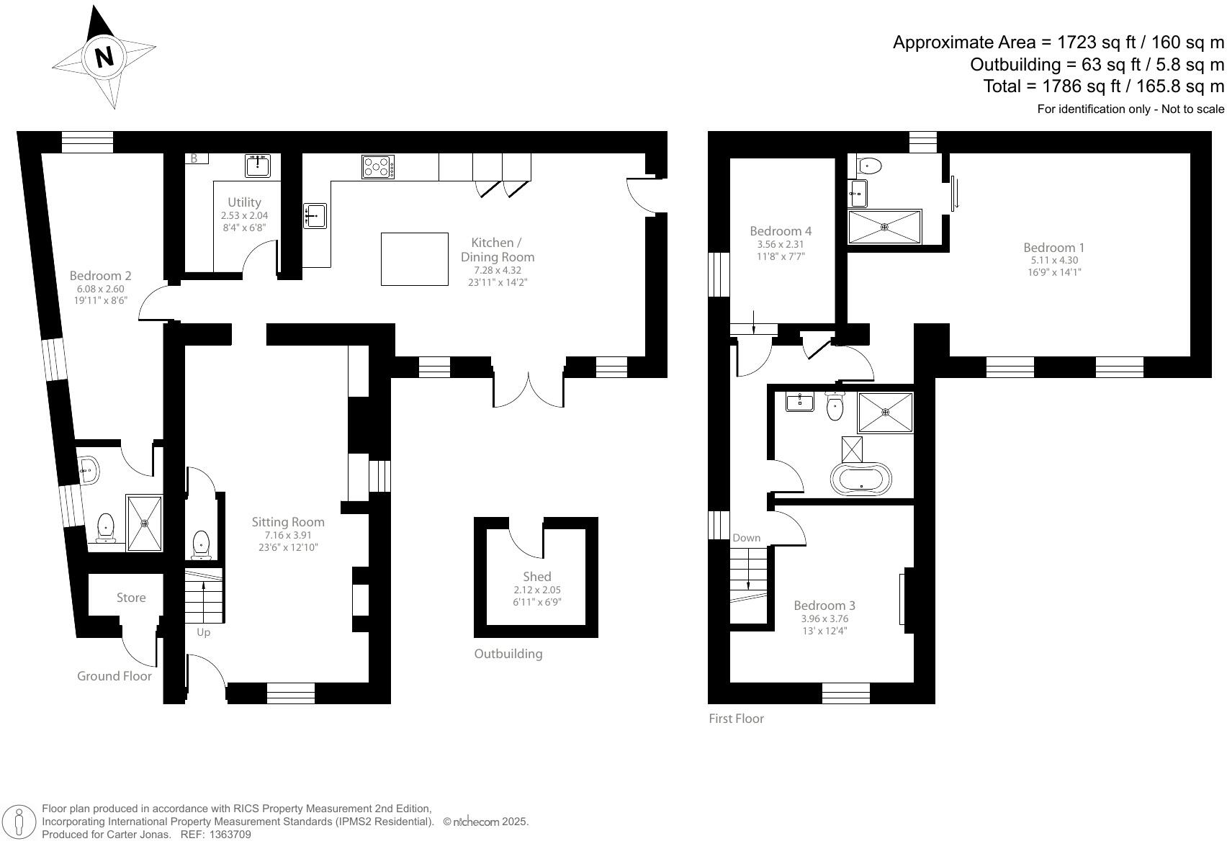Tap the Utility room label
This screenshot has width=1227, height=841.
[244, 202]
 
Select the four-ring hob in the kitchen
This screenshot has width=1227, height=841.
[378, 167]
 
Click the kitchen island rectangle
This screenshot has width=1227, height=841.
[415, 258]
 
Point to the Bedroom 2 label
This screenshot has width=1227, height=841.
[100, 276]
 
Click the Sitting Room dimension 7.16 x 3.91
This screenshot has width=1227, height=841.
[287, 535]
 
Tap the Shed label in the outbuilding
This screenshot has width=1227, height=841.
[536, 577]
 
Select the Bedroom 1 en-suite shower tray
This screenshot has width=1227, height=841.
[884, 227]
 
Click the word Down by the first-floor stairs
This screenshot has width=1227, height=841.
[746, 538]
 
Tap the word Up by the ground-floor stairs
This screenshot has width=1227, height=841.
[203, 632]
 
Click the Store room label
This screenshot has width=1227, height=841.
[131, 598]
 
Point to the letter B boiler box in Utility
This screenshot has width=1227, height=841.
[194, 158]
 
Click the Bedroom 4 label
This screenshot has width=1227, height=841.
[781, 231]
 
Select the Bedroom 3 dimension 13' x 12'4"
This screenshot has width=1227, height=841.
[824, 631]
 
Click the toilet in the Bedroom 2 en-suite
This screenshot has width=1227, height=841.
[106, 527]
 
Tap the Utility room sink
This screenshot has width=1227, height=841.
[257, 166]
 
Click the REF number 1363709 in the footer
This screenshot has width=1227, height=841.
[229, 835]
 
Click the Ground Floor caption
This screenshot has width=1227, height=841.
[114, 676]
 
